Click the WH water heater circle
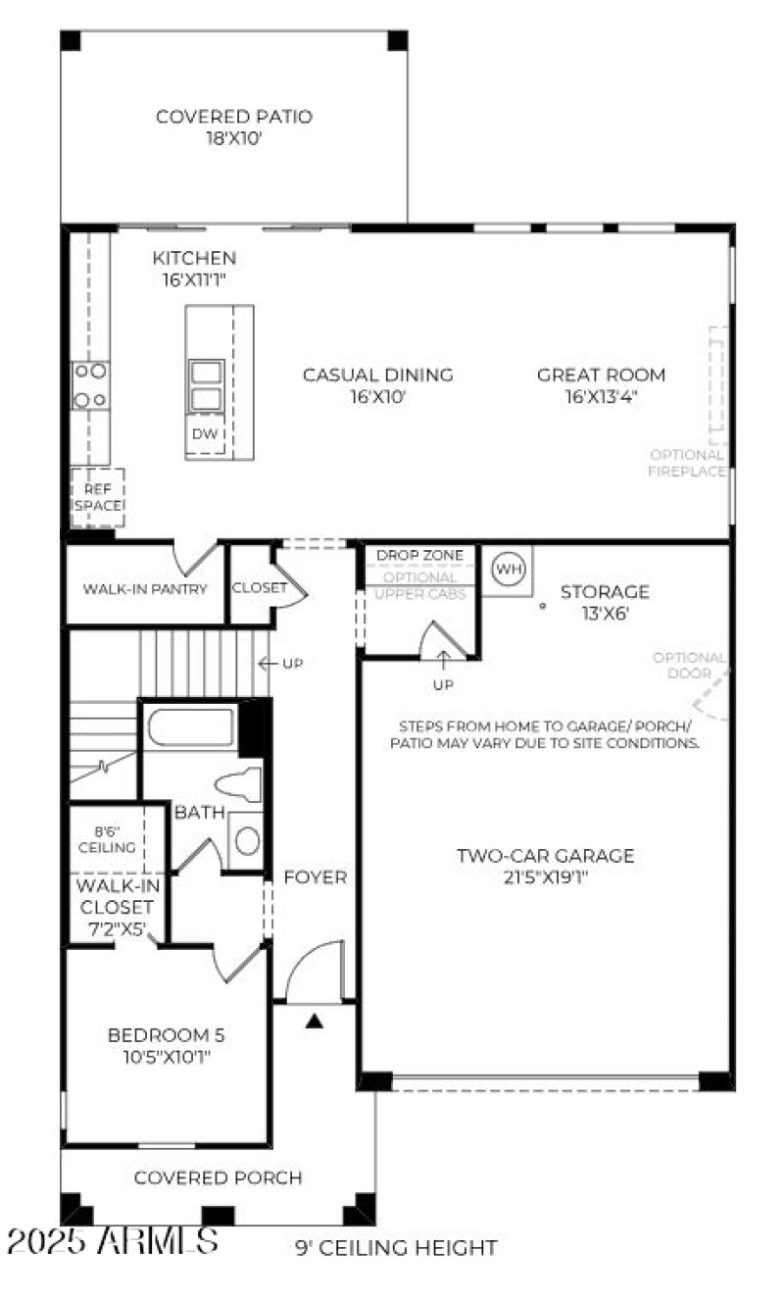[x=507, y=569]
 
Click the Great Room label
[x=601, y=385]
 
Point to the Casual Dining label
[x=377, y=385]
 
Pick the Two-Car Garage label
[x=545, y=866]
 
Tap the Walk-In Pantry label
[x=145, y=589]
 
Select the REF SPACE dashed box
[x=97, y=497]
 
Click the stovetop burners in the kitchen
[x=90, y=385]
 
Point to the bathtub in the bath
[x=192, y=727]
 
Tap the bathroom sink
[x=247, y=840]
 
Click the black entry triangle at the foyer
[x=314, y=1021]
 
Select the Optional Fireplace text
[x=687, y=463]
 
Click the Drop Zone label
[x=419, y=555]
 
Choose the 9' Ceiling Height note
[x=396, y=1248]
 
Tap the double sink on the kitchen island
[x=206, y=385]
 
